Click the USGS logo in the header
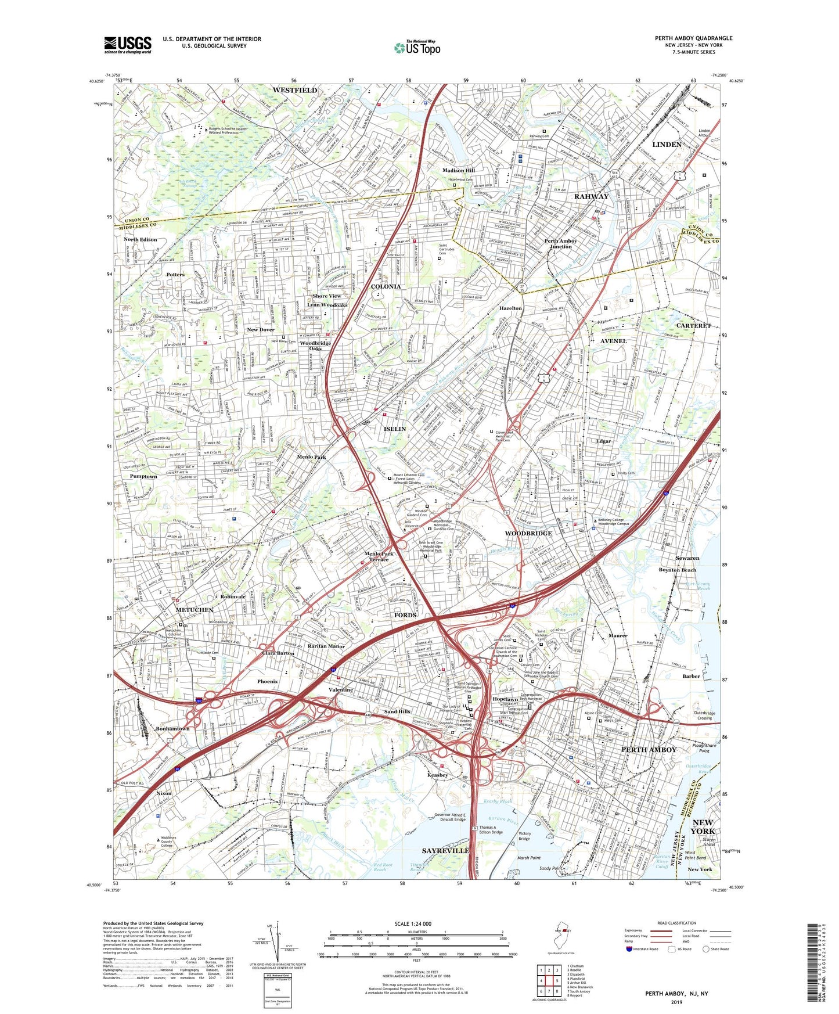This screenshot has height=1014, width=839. [x=128, y=44]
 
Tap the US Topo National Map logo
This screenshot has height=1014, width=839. [x=417, y=48]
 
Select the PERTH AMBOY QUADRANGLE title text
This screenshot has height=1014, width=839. [x=693, y=38]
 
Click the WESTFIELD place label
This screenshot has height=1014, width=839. [x=295, y=91]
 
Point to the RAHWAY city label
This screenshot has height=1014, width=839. [x=591, y=196]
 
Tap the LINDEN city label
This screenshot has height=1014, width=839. [x=667, y=144]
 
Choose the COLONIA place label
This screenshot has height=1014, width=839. [x=386, y=286]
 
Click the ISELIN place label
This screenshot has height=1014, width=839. [x=395, y=429]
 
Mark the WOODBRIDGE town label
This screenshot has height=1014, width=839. [x=528, y=533]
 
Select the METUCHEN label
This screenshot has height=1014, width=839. [x=195, y=610]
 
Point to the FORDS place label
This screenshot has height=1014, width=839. [x=405, y=615]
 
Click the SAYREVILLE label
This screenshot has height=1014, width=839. [x=445, y=850]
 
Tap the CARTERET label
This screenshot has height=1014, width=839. [x=693, y=326]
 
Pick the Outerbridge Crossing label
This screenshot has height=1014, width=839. [x=704, y=715]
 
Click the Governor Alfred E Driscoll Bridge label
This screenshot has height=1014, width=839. [x=450, y=817]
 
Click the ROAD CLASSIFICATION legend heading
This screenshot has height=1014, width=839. [x=676, y=923]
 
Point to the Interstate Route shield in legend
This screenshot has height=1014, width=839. [x=629, y=949]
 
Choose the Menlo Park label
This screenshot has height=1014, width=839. [x=311, y=457]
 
